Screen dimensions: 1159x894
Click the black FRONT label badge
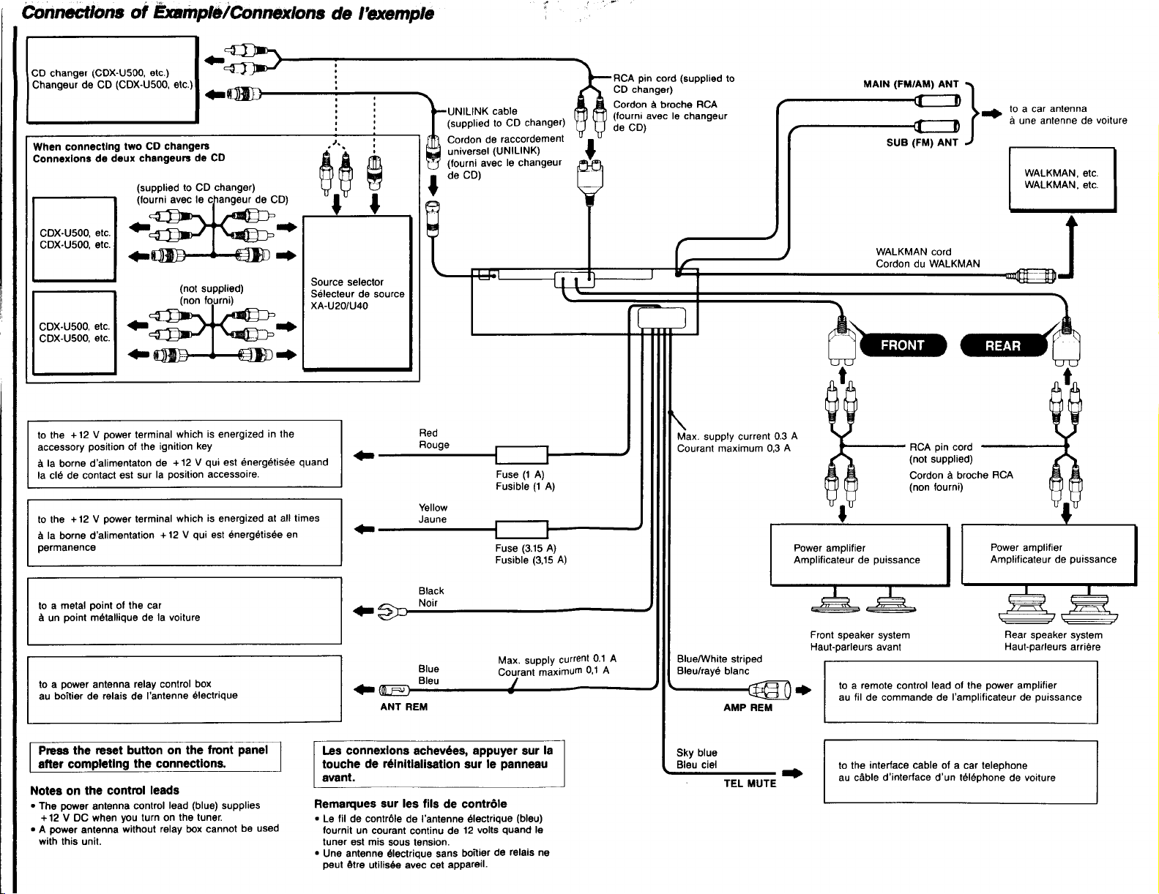click(903, 345)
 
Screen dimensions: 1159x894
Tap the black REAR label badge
click(1003, 346)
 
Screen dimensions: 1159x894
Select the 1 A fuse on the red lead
click(521, 455)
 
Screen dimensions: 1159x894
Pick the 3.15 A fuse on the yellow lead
click(521, 530)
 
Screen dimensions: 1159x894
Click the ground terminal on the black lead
click(392, 611)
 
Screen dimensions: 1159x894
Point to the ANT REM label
click(403, 707)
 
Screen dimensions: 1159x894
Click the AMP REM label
click(748, 707)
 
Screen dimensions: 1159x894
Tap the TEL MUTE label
click(750, 784)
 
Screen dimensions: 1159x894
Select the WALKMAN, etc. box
click(1062, 179)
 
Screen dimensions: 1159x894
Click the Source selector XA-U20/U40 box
click(357, 293)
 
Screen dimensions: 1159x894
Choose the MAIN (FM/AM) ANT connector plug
click(937, 100)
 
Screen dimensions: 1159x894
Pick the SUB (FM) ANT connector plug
click(937, 127)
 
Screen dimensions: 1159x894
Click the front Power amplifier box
click(860, 555)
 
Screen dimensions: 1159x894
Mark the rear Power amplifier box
click(1049, 555)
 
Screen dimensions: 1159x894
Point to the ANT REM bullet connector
click(394, 691)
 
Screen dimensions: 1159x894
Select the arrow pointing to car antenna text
click(992, 113)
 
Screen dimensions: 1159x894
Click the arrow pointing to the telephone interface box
click(793, 773)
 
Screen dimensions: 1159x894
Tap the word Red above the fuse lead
click(428, 433)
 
